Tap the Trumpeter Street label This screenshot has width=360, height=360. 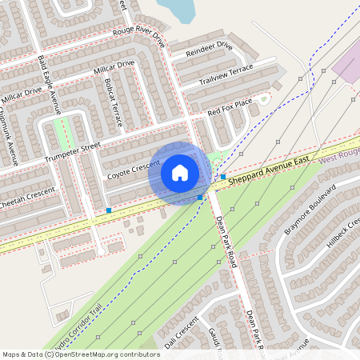pyautogui.click(x=73, y=149)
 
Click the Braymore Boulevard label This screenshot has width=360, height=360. pyautogui.click(x=309, y=211)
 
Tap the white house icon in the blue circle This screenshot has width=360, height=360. pyautogui.click(x=180, y=173)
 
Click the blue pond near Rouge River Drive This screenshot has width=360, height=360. pyautogui.click(x=178, y=10)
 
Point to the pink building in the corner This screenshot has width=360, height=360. pyautogui.click(x=349, y=63)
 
